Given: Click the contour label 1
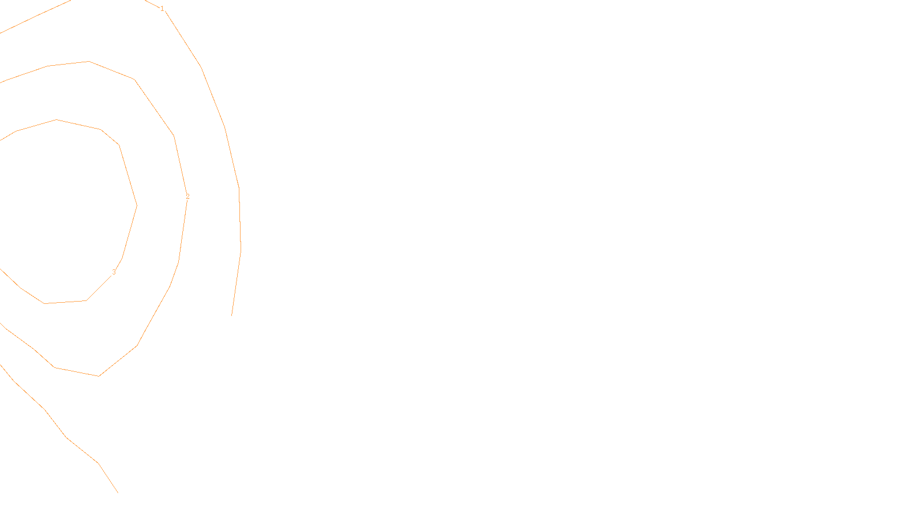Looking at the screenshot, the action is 162,9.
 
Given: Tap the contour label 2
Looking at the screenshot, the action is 187,197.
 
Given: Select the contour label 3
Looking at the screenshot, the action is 114,272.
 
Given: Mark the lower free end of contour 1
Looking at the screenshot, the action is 231,315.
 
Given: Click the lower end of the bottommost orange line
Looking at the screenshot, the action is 118,492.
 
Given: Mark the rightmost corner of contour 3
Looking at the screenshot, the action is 137,205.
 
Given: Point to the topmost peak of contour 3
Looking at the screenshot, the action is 57,119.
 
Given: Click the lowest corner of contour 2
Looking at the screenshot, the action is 99,376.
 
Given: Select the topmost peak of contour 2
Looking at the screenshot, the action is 88,61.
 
